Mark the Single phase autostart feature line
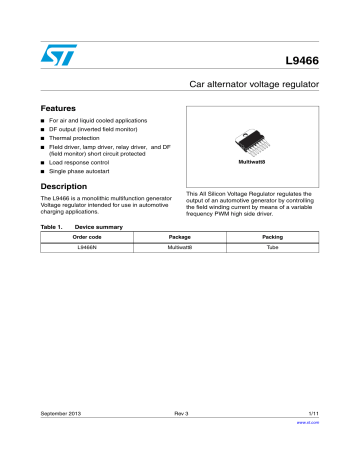coord(86,173)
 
